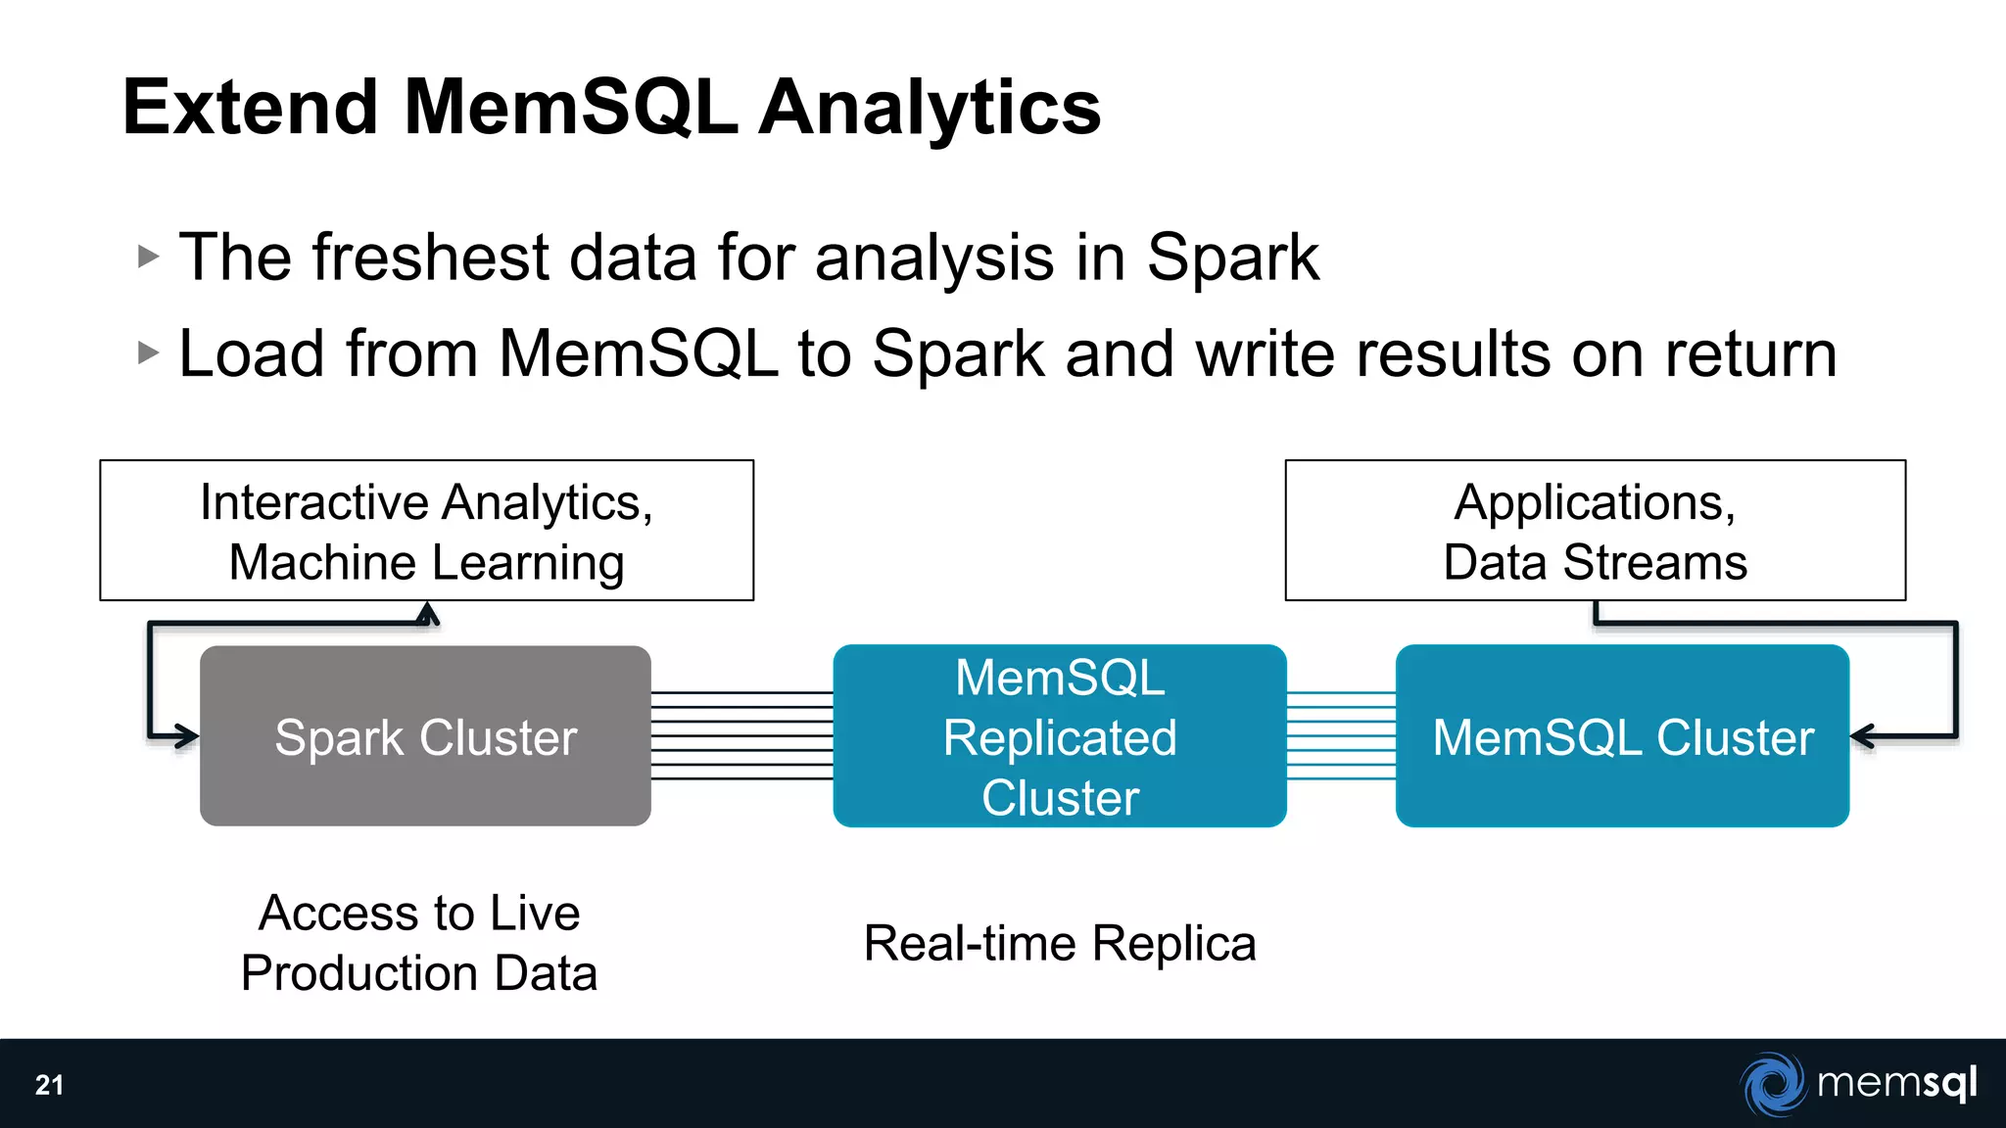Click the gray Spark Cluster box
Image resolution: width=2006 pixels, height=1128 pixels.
(x=425, y=736)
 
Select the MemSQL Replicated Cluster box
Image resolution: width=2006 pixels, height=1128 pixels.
(x=1059, y=736)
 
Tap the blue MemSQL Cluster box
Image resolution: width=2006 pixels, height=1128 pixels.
(x=1622, y=736)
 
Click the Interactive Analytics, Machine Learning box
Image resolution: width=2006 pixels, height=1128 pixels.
(x=426, y=531)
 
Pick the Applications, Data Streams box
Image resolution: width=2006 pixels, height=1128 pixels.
(x=1595, y=531)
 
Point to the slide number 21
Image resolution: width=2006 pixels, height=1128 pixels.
(x=49, y=1085)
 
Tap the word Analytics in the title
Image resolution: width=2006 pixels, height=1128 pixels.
(x=930, y=108)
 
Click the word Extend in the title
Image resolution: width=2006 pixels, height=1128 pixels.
(x=250, y=108)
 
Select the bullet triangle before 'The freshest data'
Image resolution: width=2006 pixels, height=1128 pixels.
(x=148, y=258)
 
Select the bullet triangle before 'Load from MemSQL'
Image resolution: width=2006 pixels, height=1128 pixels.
(x=148, y=352)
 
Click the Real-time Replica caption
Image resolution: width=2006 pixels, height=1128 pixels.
(x=1059, y=944)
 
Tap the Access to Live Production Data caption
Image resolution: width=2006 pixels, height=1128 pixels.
(x=419, y=943)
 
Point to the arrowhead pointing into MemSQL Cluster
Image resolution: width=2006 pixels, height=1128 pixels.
(x=1862, y=736)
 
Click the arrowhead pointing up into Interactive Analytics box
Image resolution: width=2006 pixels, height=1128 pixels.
(x=427, y=613)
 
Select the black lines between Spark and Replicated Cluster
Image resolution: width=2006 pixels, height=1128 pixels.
(x=741, y=735)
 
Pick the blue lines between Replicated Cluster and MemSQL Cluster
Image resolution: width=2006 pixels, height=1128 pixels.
(x=1340, y=735)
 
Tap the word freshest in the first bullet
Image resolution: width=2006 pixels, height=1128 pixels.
(x=431, y=258)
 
